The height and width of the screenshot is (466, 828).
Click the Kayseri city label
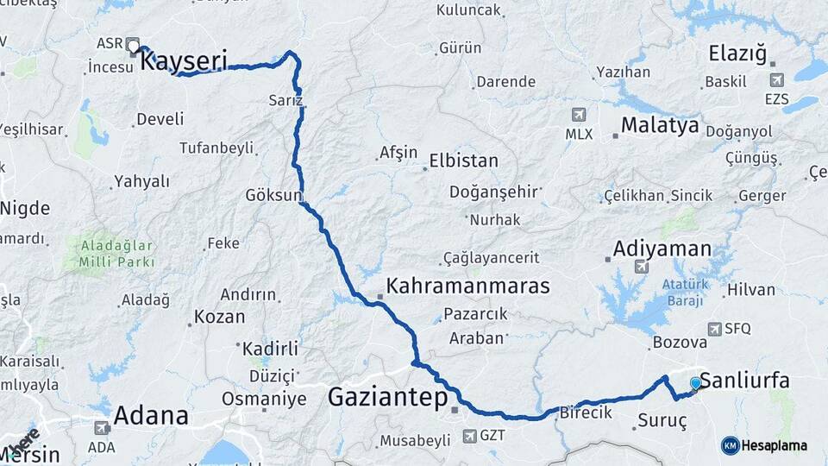tap(183, 61)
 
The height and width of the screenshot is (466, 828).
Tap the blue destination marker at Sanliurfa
tap(695, 382)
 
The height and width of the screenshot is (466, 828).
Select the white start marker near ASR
tap(133, 44)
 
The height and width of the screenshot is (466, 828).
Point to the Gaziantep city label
tap(387, 398)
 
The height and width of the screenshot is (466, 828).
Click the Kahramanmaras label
tap(467, 286)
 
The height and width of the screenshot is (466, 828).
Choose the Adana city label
tap(151, 416)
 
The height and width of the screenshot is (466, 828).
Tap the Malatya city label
tap(660, 126)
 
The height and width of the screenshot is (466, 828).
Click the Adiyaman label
tap(662, 249)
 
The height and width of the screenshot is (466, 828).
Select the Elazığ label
tap(737, 54)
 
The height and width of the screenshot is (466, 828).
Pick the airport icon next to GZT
tap(469, 436)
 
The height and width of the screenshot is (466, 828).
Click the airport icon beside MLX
tap(579, 115)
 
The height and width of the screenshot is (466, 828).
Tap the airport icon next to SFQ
tap(714, 329)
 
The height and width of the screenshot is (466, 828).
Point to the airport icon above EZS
tap(775, 80)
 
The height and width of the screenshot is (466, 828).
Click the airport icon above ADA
tap(101, 427)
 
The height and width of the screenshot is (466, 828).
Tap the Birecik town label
tap(586, 412)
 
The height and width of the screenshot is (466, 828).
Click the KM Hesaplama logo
tap(764, 445)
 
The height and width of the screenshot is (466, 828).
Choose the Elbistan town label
tap(464, 161)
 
